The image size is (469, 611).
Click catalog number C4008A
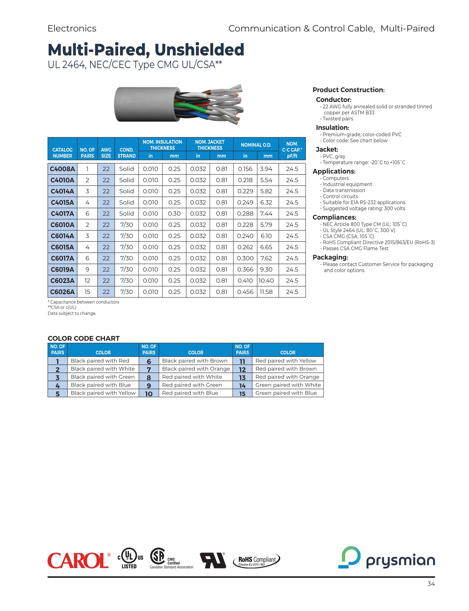(x=62, y=169)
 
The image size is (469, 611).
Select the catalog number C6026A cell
(x=62, y=292)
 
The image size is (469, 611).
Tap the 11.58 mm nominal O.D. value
(x=266, y=292)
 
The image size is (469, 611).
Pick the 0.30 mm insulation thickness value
(x=174, y=213)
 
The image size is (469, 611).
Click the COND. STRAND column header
(x=127, y=153)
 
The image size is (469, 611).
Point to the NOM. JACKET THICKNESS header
(x=210, y=145)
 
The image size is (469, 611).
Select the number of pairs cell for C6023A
(x=87, y=281)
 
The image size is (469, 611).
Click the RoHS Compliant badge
(x=257, y=560)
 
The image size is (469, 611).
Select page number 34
(x=431, y=584)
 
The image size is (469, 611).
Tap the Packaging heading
(x=330, y=257)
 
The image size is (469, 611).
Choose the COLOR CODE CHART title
(x=83, y=338)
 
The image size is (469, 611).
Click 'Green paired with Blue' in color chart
(x=286, y=393)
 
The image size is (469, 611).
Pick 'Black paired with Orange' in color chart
(x=196, y=369)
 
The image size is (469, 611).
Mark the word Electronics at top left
(x=72, y=28)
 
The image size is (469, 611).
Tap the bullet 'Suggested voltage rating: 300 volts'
(x=364, y=209)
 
